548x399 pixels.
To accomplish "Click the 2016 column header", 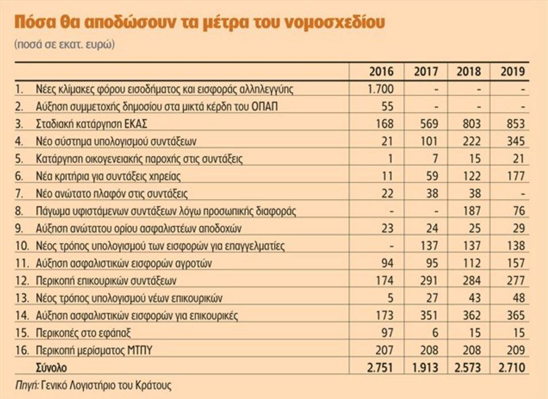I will coord(381,72).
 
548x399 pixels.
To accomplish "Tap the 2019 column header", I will coord(512,72).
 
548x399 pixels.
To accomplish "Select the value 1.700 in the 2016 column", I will coord(380,89).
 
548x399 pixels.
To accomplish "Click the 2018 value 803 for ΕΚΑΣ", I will coord(469,124).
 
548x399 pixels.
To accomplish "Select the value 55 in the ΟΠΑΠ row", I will coord(387,107).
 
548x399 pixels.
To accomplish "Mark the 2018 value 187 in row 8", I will coord(469,211).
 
